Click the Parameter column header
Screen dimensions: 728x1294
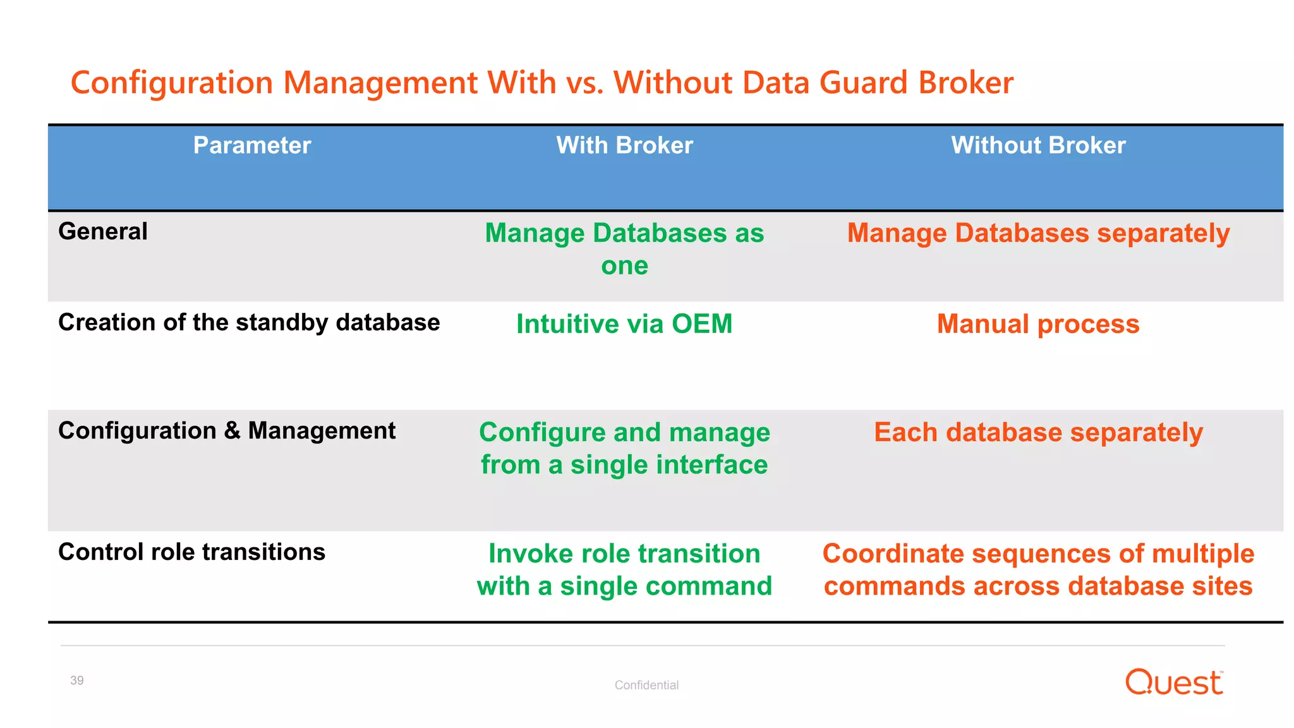(251, 145)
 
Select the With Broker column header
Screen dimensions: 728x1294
(624, 145)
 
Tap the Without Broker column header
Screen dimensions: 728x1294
(1038, 145)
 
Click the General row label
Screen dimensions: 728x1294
(103, 231)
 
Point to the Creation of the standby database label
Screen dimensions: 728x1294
(249, 322)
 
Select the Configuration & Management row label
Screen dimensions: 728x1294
(227, 430)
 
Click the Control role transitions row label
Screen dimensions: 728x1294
(191, 552)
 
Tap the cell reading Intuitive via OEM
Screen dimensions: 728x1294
(624, 324)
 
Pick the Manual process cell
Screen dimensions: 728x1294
(1038, 324)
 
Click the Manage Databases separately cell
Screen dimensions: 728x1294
(1038, 233)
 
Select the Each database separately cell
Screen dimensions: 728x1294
(1038, 432)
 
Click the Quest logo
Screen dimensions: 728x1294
(1174, 682)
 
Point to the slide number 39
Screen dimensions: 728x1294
(77, 681)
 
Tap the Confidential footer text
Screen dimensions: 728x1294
(646, 685)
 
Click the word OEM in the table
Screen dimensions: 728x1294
(701, 324)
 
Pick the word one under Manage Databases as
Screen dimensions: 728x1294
(624, 265)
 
